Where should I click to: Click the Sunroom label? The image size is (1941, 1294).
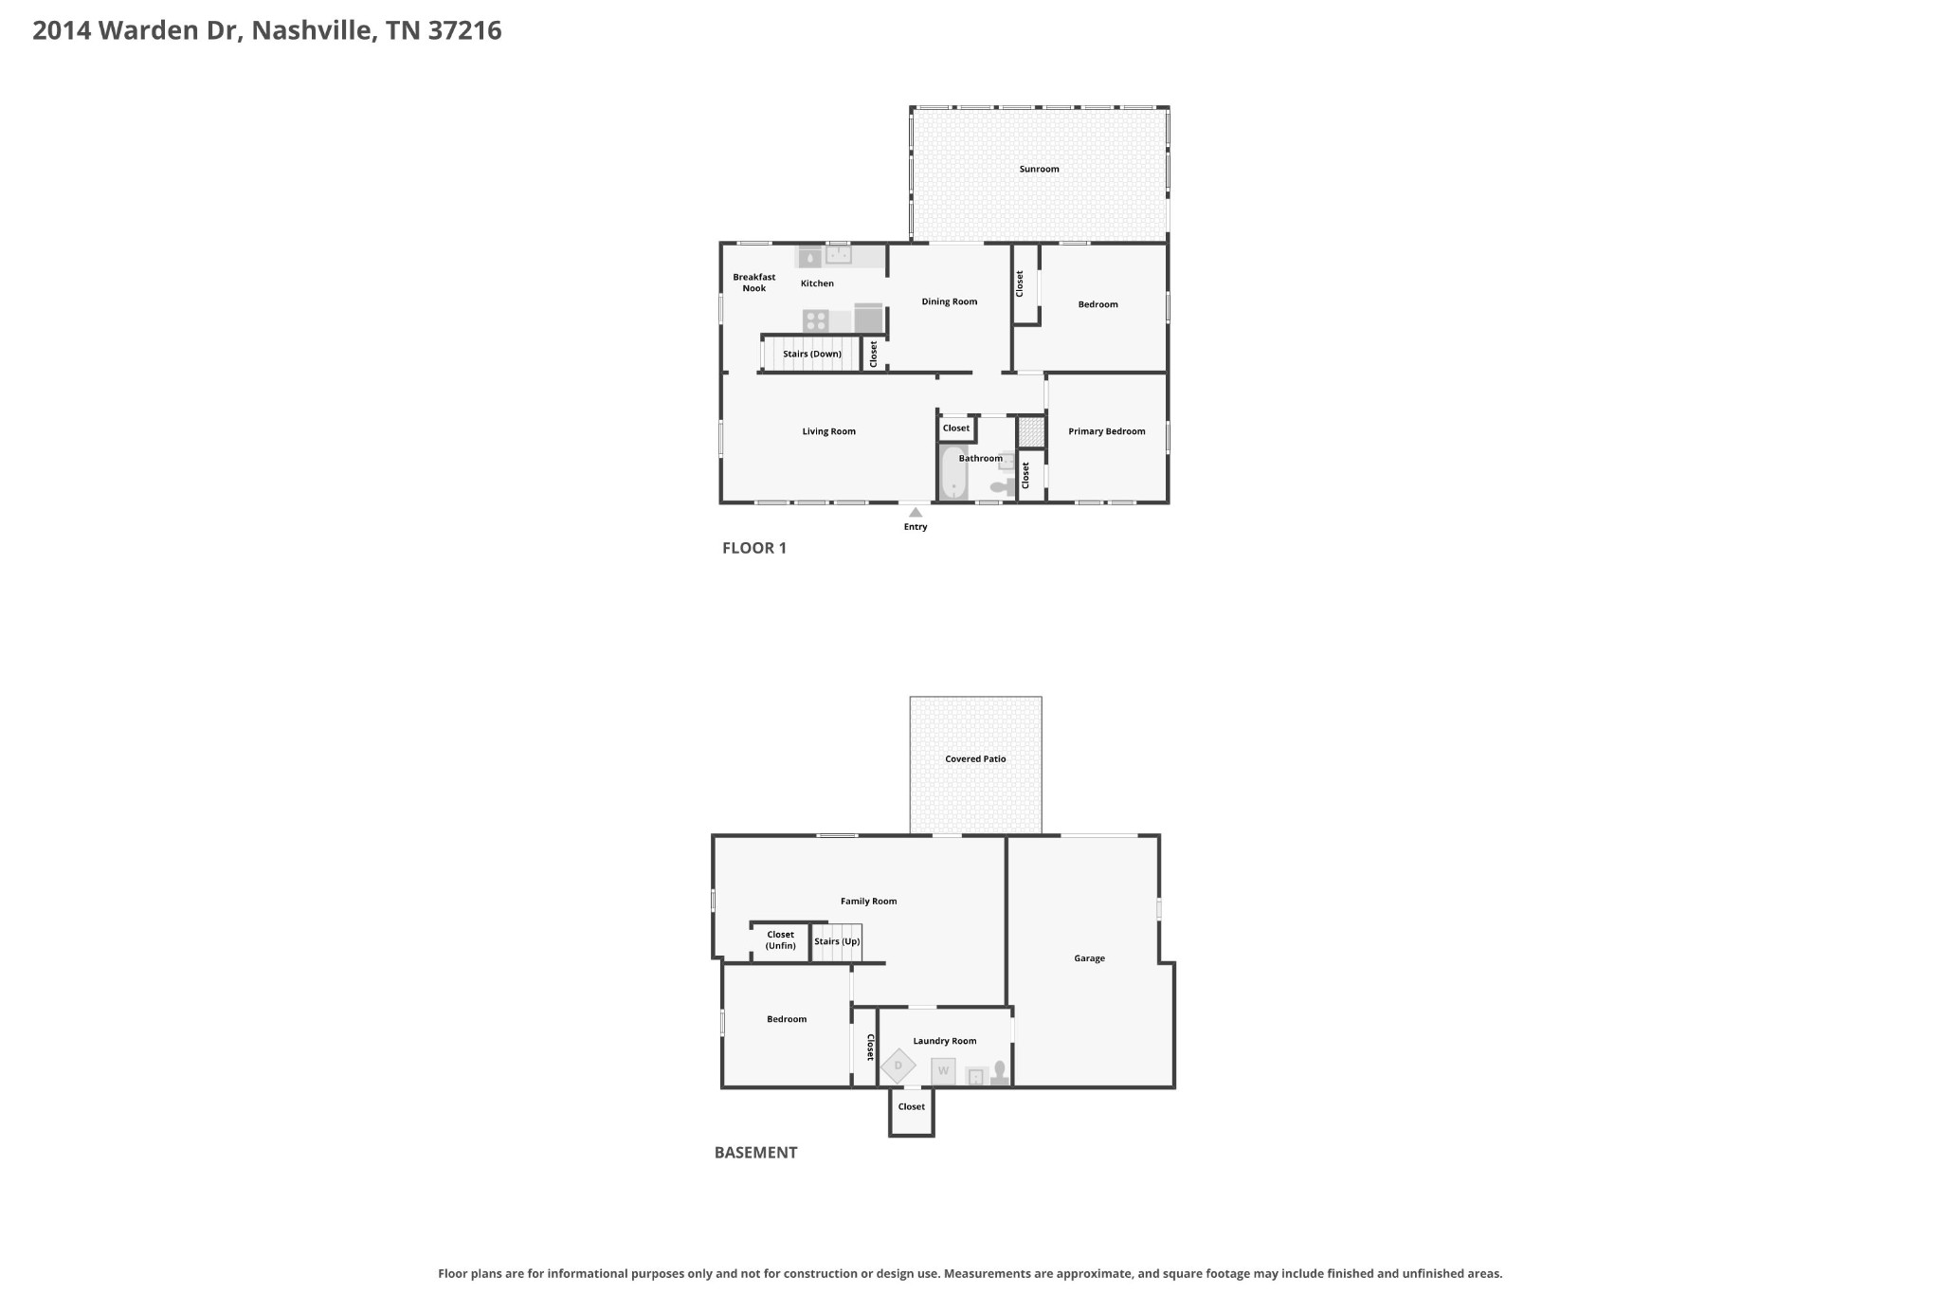tap(1039, 169)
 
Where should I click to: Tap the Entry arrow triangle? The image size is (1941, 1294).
tap(916, 512)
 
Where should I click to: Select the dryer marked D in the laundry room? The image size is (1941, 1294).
tap(898, 1066)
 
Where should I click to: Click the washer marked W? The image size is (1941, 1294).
tap(943, 1071)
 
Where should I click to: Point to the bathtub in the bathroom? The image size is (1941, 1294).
tap(953, 472)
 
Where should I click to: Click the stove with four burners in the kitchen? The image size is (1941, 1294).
tap(815, 320)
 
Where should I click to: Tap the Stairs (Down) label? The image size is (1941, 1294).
tap(812, 354)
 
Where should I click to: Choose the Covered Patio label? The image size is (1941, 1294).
tap(975, 758)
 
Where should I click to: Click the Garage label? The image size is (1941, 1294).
tap(1089, 958)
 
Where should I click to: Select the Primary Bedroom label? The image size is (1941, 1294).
tap(1107, 431)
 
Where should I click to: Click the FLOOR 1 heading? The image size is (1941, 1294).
tap(754, 547)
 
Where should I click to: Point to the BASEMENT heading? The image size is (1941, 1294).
tap(755, 1152)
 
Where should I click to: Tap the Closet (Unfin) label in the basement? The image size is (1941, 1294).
tap(781, 939)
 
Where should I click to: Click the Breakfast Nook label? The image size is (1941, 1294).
tap(754, 282)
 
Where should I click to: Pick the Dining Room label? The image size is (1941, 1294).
tap(950, 301)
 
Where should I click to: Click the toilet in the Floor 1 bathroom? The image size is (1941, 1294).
tap(1002, 486)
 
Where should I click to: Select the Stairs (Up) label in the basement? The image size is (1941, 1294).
tap(837, 941)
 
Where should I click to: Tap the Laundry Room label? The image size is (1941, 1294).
tap(945, 1041)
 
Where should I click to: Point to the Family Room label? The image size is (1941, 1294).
tap(868, 902)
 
